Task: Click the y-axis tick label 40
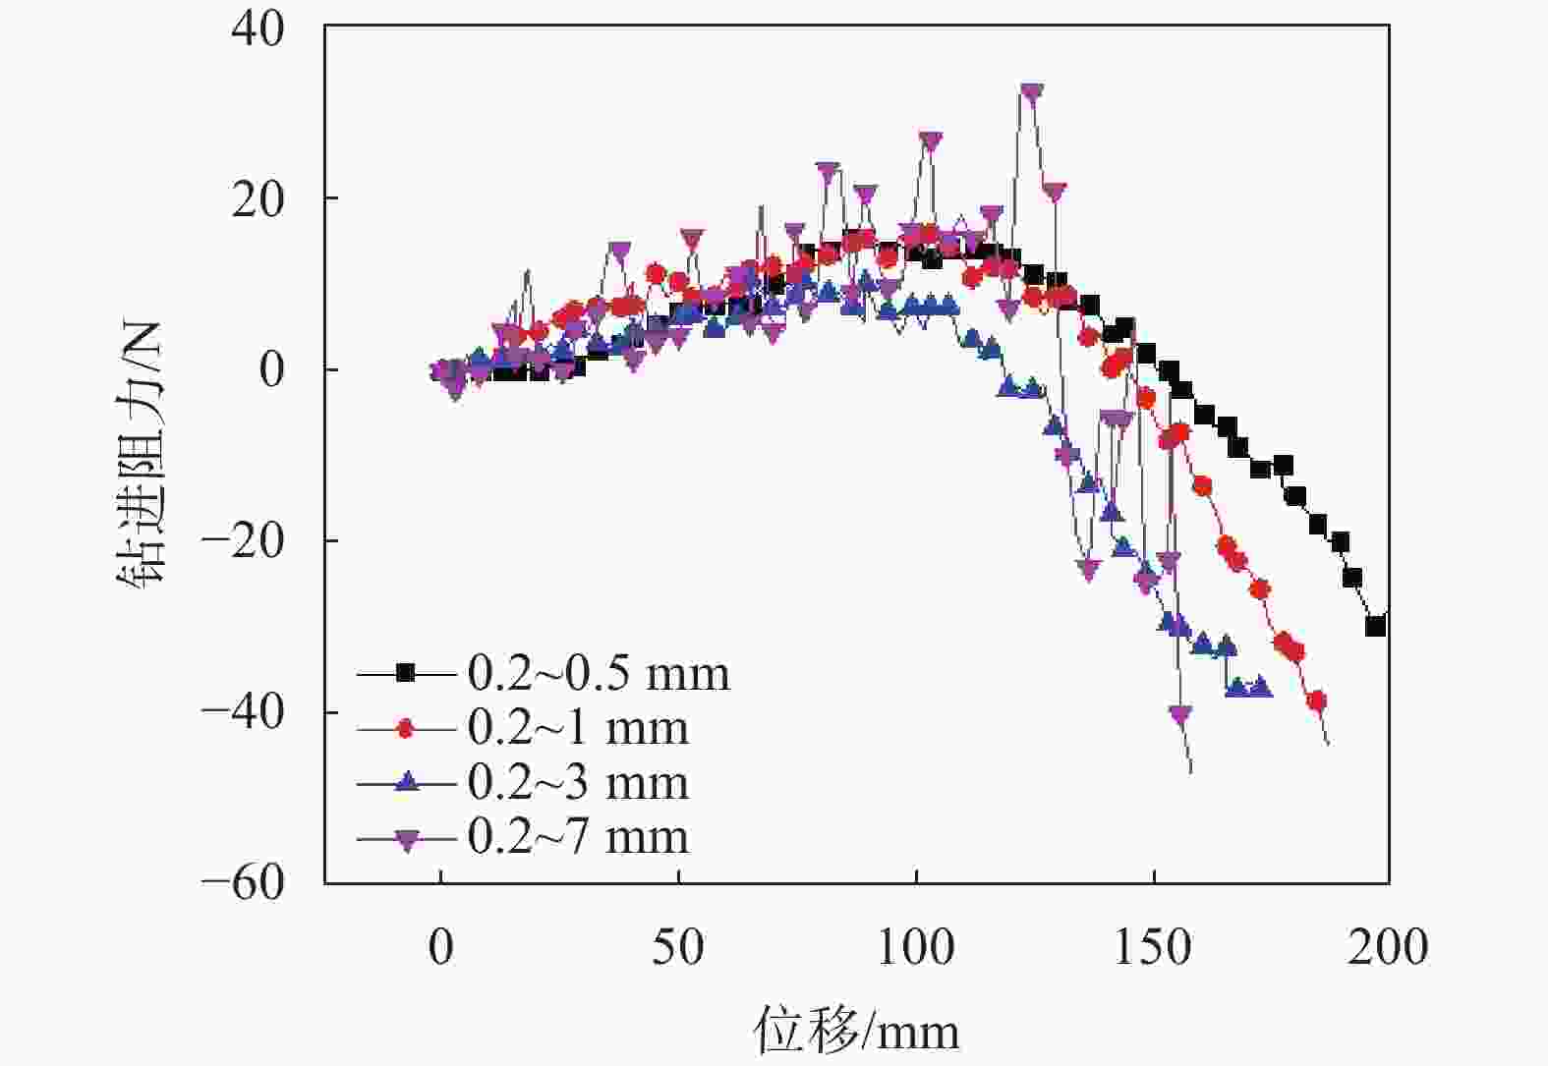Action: [258, 28]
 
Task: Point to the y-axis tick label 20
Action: [258, 199]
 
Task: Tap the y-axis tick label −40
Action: [243, 712]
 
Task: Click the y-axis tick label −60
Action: [243, 882]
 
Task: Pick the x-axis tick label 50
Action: [678, 948]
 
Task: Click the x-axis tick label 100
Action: [915, 948]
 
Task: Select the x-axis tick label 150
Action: [1153, 948]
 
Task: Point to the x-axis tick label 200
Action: [1388, 948]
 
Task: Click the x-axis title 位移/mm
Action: [856, 1031]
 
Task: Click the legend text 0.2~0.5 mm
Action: [599, 674]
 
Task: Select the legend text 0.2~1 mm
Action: [578, 728]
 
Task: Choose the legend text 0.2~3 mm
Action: [578, 783]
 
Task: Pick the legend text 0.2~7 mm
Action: [578, 837]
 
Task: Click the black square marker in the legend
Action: [406, 673]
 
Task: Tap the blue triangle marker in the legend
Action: [406, 782]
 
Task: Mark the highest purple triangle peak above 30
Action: [1031, 92]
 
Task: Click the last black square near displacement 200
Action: [1376, 626]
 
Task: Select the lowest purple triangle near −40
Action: [1180, 714]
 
